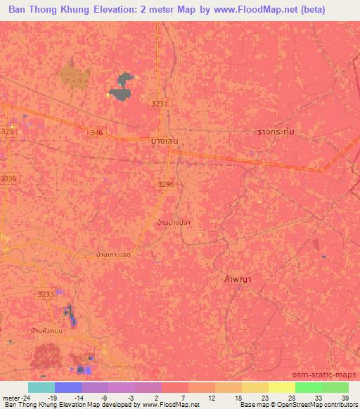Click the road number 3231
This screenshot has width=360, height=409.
pos(160,104)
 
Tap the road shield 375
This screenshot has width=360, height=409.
pos(7,131)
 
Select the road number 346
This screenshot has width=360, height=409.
pos(97,131)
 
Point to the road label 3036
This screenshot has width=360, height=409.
pos(8,178)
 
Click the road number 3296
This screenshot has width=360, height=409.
pos(165,184)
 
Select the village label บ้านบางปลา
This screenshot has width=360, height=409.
pos(174,223)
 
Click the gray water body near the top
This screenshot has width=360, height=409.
pos(122,88)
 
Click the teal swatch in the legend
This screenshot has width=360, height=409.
pos(41,387)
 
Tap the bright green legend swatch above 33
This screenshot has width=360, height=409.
pos(308,387)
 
